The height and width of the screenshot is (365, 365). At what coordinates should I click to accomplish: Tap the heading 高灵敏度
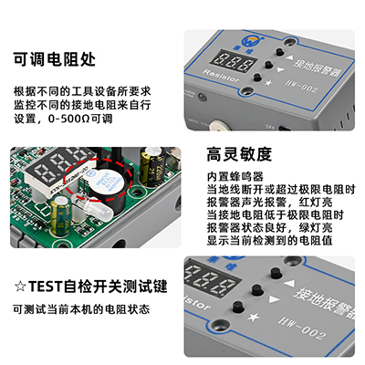click(x=241, y=154)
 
